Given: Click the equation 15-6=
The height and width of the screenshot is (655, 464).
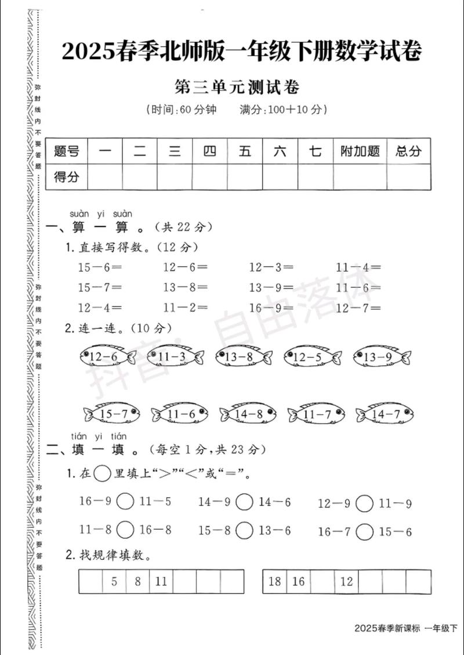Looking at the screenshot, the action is click(100, 267).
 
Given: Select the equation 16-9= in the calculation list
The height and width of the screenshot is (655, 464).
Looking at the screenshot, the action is click(271, 307).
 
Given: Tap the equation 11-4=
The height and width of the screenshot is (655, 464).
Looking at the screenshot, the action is click(358, 267).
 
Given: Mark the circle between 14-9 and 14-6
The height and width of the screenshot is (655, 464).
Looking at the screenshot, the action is click(245, 502).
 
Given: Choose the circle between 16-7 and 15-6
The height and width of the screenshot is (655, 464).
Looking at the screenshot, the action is click(364, 531).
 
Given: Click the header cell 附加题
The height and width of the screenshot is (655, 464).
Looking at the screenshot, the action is click(360, 151).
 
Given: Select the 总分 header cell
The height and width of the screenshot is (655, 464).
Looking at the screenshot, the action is click(409, 151).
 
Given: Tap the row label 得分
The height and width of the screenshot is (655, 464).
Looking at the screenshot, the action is click(66, 177).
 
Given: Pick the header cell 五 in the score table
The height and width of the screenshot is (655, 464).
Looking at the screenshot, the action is click(245, 151).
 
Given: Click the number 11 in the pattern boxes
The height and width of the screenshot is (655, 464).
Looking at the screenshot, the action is click(161, 581).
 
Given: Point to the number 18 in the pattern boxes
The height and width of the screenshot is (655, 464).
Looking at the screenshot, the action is click(275, 581).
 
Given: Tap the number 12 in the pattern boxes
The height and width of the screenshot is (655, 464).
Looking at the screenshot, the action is click(346, 581).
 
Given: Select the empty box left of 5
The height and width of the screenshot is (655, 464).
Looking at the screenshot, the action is click(91, 581).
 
